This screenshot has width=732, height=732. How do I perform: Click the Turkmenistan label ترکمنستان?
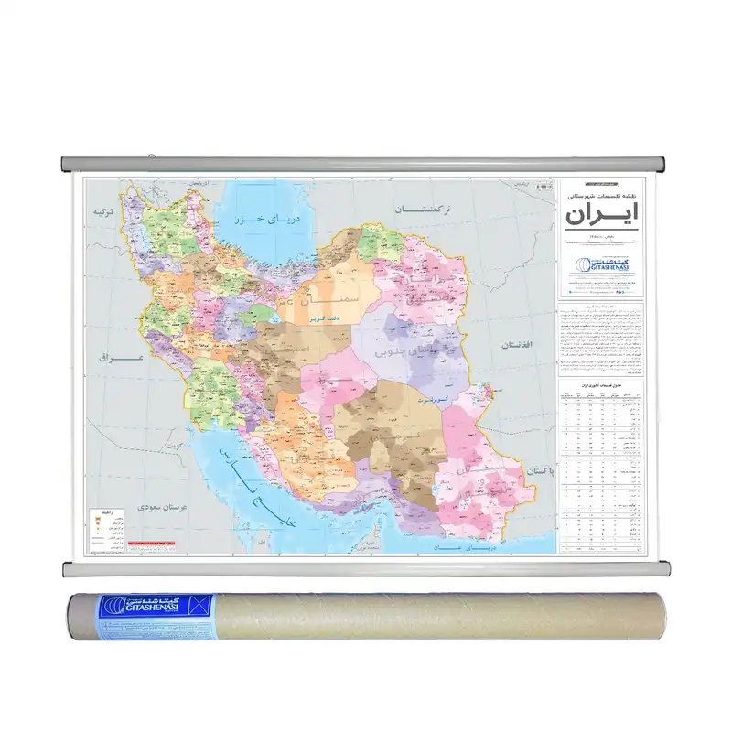[425, 210]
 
